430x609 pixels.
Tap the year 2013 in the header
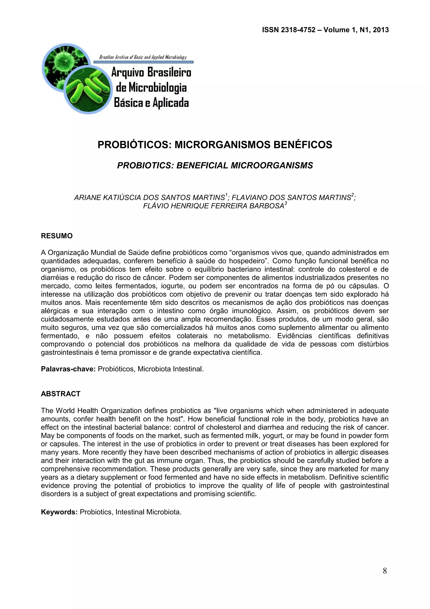381,30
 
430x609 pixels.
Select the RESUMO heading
57,236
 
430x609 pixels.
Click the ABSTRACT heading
60,394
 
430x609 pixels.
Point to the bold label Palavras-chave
68,369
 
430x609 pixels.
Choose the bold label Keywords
59,512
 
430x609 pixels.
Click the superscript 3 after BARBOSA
286,204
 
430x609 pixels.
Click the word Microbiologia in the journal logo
151,87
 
